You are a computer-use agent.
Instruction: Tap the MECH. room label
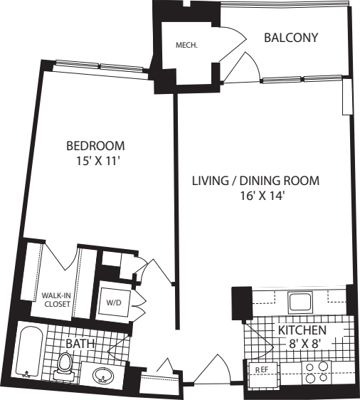[x=186, y=46]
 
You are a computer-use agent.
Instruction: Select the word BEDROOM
[x=95, y=146]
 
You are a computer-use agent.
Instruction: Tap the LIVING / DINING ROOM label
[x=255, y=181]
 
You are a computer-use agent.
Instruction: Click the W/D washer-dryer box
[x=114, y=302]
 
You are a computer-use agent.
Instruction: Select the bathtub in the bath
[x=28, y=352]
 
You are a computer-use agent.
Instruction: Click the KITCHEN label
[x=302, y=331]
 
